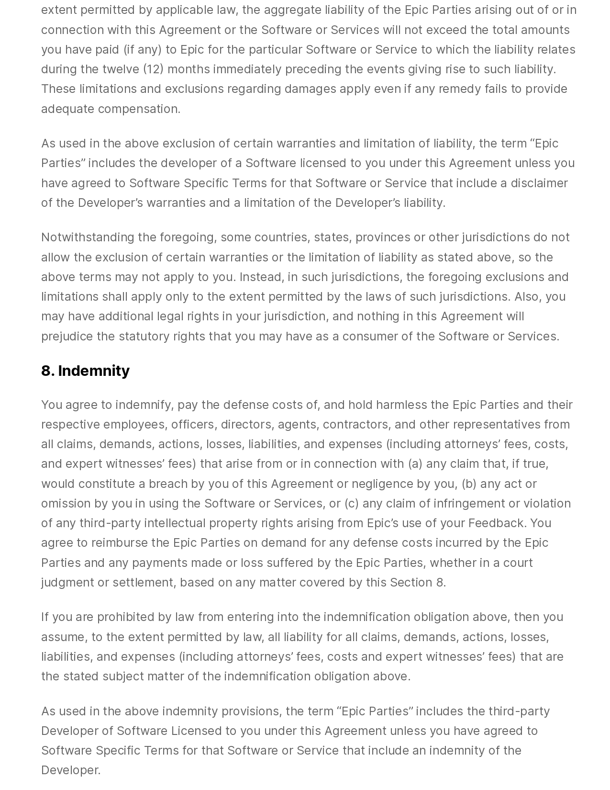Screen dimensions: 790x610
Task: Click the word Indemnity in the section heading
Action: click(x=94, y=371)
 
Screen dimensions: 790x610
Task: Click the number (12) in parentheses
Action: click(x=153, y=69)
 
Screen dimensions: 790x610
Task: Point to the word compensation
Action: click(x=139, y=109)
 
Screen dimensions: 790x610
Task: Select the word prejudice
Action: click(x=67, y=336)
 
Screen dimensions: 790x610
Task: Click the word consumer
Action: click(x=370, y=336)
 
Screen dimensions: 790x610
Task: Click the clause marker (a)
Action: click(x=415, y=463)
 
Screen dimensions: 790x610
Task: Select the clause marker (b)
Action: click(x=469, y=484)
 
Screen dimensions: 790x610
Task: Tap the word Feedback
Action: click(x=497, y=523)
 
